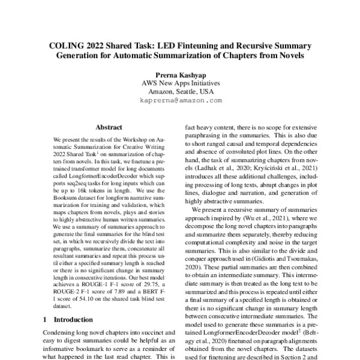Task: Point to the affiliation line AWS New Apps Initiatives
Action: point(180,83)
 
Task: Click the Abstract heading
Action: point(109,128)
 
